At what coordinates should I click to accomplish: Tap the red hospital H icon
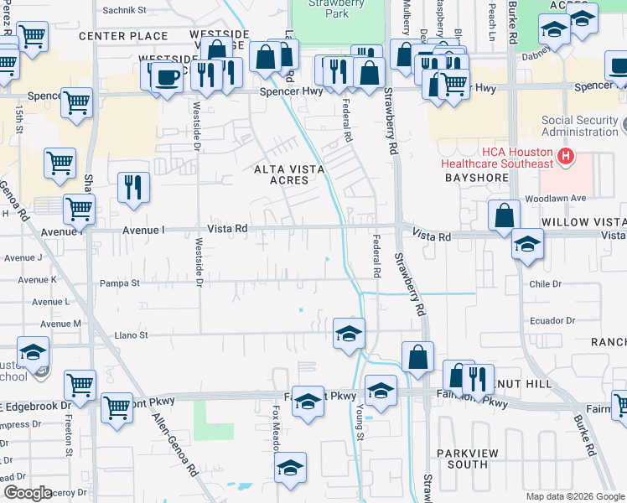(567, 155)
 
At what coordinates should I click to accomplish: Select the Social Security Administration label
(579, 126)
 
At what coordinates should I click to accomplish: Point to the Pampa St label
(120, 283)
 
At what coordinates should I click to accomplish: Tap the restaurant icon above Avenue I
(133, 188)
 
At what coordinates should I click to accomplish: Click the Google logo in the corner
(28, 493)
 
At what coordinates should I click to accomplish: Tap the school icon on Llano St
(349, 333)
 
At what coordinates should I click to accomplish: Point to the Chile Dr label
(545, 284)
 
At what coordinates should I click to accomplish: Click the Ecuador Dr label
(552, 321)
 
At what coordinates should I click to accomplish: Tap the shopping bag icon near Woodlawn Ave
(503, 215)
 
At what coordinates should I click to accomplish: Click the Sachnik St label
(124, 11)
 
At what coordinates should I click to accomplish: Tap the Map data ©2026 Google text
(575, 496)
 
